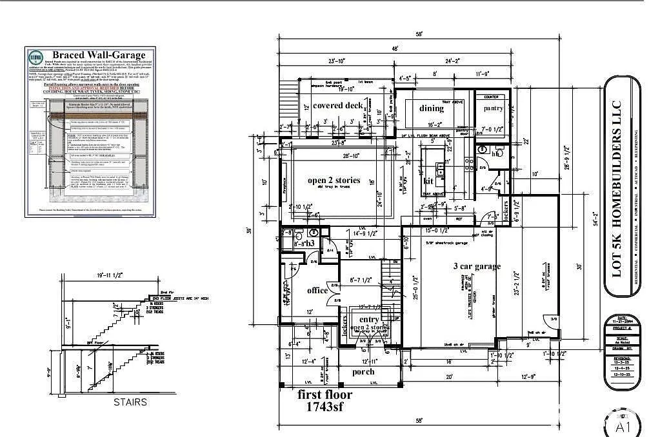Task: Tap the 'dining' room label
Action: pos(432,108)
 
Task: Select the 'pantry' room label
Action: pos(494,108)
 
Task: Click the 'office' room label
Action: pos(317,290)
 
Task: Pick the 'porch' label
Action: pos(363,372)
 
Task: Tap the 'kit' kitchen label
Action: pos(428,180)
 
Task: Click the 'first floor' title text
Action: pos(324,394)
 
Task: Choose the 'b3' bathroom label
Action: pos(310,244)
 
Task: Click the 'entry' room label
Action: pos(369,319)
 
